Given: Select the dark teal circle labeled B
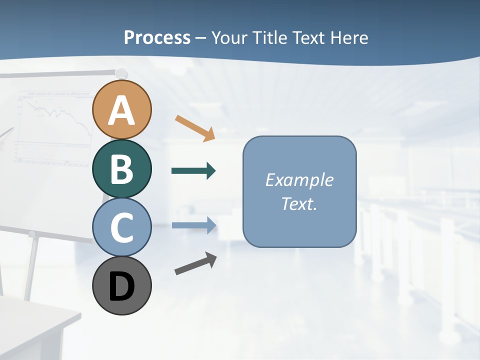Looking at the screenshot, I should pos(122,168).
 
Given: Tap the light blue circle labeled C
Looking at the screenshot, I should pos(122,227).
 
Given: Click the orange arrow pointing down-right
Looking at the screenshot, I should pos(195,128).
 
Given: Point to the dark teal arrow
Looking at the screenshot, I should pos(193,171).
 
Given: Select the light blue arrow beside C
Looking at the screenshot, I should pos(193,225).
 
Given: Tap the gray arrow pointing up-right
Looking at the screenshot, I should pos(195,263).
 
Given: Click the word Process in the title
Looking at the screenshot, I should pos(157,37).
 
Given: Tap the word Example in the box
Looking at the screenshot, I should pos(299,180).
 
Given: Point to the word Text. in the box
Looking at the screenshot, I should pos(299,203).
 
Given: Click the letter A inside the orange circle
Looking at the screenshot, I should pos(122,110).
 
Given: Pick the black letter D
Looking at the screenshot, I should pos(122,286).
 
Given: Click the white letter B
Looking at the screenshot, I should pos(122,168).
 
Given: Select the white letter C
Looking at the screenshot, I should pos(122,227).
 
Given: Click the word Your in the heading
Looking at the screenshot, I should pos(230,37).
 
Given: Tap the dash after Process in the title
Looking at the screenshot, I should pos(201,38).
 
